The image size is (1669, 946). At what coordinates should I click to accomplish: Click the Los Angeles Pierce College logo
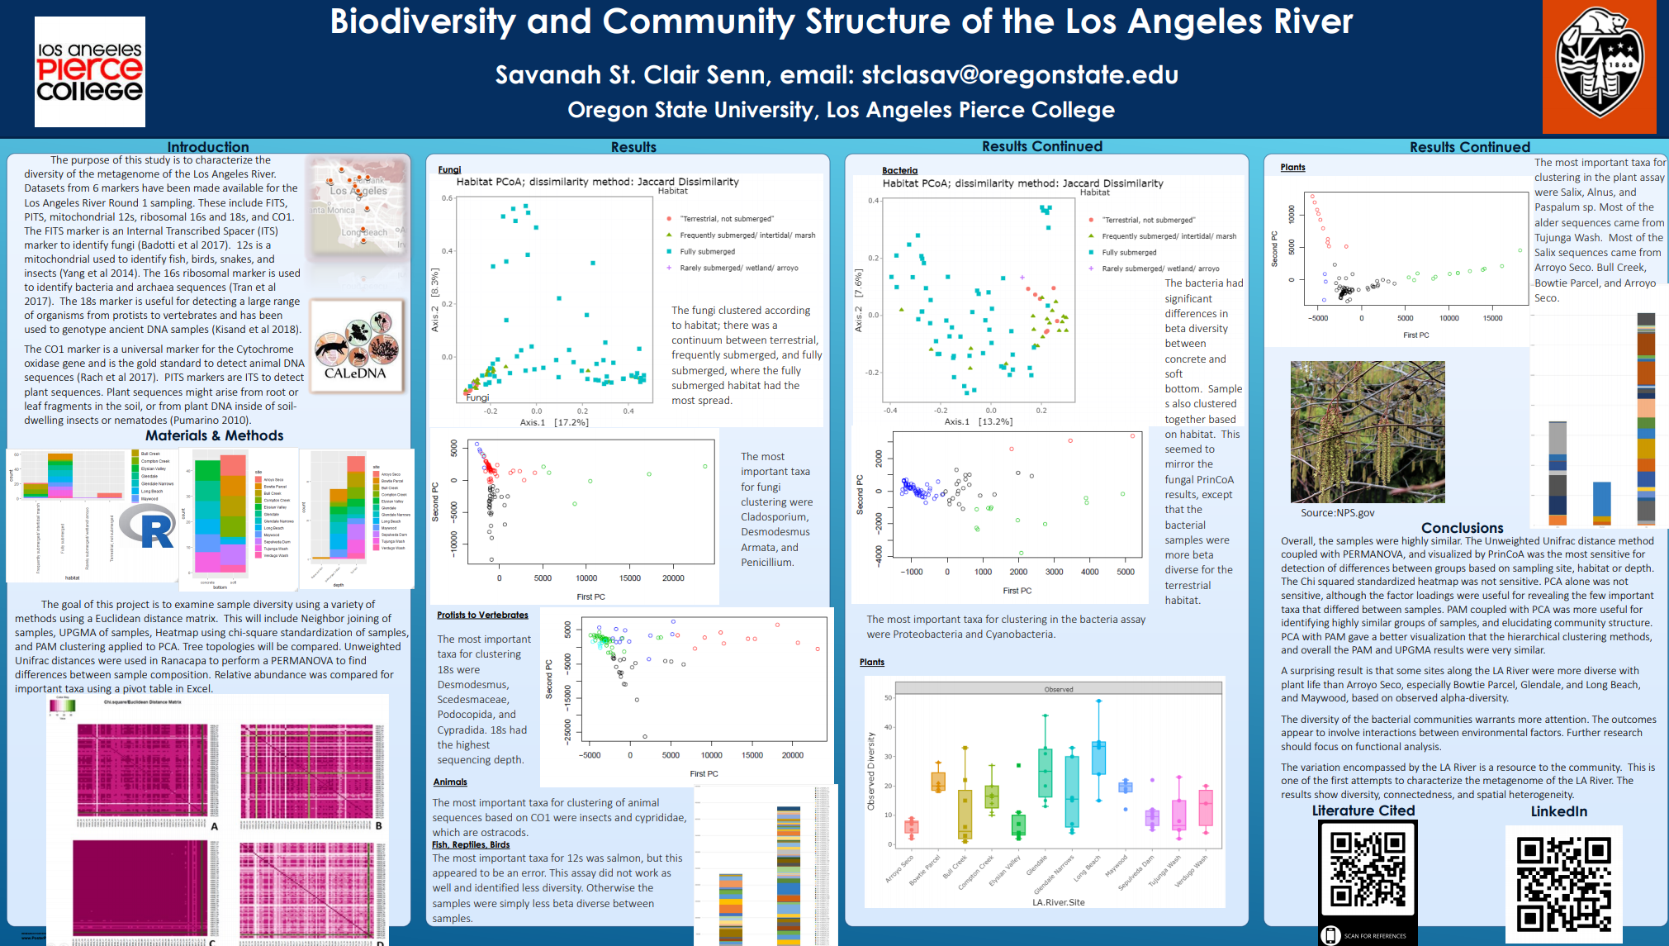pos(90,72)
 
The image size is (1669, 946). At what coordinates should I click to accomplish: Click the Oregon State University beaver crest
pos(1599,66)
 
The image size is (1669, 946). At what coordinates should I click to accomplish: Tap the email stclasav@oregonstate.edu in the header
pos(1019,75)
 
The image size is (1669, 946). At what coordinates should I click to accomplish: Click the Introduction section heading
pos(207,147)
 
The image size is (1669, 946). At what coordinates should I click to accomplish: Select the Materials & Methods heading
pos(214,435)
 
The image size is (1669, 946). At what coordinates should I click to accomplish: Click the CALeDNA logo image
pos(357,345)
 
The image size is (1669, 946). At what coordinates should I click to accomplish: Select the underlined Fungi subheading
pos(449,169)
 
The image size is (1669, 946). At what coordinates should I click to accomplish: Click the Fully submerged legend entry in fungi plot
pos(707,251)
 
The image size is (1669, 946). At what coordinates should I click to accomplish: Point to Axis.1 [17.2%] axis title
pos(553,422)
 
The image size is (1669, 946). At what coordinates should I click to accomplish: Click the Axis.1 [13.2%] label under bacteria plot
pos(978,421)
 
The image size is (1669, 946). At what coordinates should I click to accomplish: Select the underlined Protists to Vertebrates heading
pos(482,615)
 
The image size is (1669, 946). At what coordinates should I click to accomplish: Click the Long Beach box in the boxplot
pos(1098,758)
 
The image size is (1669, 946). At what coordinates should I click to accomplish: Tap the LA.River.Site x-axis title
pos(1058,902)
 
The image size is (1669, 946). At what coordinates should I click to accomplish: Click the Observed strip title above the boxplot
pos(1058,689)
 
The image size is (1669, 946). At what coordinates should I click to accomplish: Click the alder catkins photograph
pos(1367,431)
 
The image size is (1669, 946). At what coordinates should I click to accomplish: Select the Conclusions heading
pos(1462,528)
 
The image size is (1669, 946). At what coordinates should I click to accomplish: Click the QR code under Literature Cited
pos(1368,871)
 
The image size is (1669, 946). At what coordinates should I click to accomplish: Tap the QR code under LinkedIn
pos(1563,883)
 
